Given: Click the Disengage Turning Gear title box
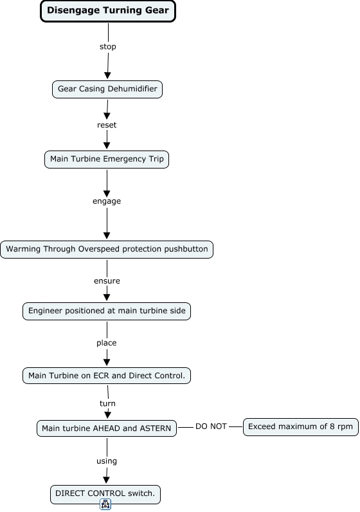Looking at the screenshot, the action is (108, 11).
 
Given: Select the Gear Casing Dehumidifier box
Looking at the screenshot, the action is (107, 89).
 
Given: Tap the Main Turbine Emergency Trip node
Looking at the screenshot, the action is (107, 160).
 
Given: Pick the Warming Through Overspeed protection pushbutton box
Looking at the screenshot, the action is (107, 250).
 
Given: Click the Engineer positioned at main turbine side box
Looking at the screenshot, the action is (107, 311).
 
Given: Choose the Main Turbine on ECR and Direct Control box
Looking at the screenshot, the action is (107, 376).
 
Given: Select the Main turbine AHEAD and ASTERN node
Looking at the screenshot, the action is (107, 428).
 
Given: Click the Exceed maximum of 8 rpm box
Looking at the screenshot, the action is (301, 427).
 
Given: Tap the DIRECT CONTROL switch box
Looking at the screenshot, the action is (105, 494).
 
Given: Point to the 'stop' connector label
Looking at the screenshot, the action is (108, 47).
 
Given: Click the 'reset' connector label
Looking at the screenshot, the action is (107, 125).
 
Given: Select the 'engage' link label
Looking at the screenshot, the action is (107, 201).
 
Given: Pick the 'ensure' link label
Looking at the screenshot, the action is (107, 281).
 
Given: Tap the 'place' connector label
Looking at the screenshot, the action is (107, 343).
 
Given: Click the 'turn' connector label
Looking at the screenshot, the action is (107, 403).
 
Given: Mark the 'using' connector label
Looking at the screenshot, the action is (107, 461).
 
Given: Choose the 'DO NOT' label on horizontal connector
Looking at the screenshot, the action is (211, 426).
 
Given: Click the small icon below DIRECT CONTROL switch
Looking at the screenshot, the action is (105, 504).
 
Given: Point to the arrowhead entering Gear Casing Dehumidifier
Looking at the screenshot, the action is (107, 75).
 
